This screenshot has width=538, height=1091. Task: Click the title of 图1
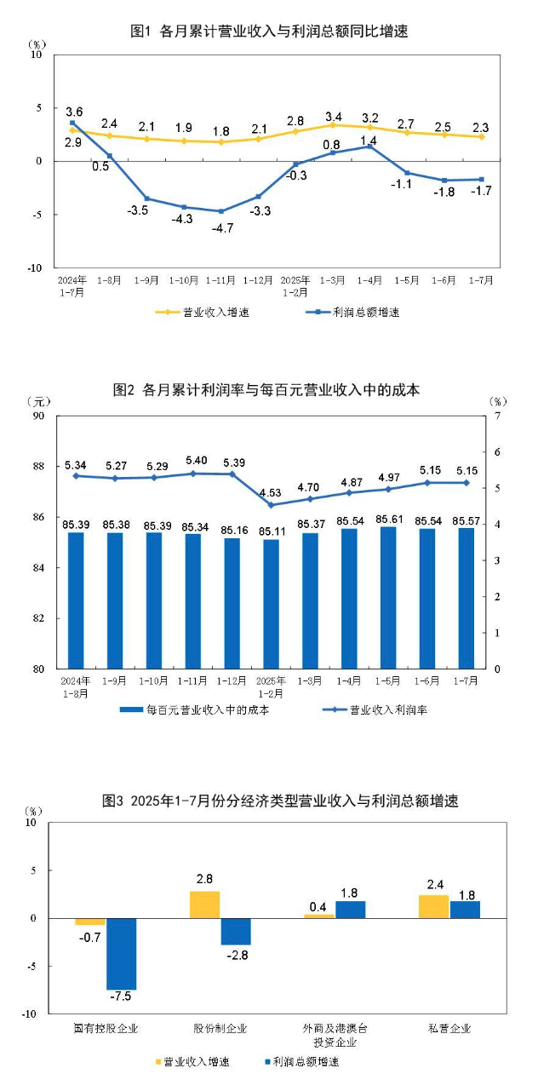click(269, 32)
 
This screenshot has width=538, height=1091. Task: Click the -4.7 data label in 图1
click(222, 227)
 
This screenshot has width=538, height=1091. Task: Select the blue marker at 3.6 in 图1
click(72, 123)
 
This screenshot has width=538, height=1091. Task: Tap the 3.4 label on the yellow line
click(332, 117)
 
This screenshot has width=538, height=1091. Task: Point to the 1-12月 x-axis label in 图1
click(258, 278)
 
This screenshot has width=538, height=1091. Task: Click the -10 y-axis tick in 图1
click(35, 267)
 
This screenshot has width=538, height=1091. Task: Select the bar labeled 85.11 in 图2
click(271, 604)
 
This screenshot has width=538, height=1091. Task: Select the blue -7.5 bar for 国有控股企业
click(121, 954)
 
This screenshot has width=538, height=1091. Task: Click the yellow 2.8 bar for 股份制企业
click(204, 904)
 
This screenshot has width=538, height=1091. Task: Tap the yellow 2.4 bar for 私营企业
click(433, 906)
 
